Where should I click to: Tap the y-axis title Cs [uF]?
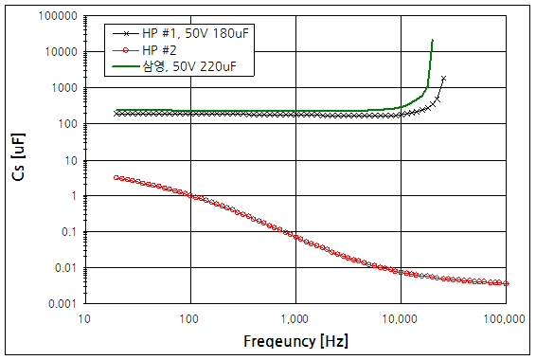pyautogui.click(x=18, y=158)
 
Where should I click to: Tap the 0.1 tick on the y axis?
pyautogui.click(x=68, y=232)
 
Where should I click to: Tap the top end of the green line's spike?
pyautogui.click(x=432, y=40)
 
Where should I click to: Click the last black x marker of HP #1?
pyautogui.click(x=443, y=78)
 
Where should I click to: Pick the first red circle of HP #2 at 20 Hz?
pyautogui.click(x=116, y=177)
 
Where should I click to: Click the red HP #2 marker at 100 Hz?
pyautogui.click(x=190, y=196)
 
